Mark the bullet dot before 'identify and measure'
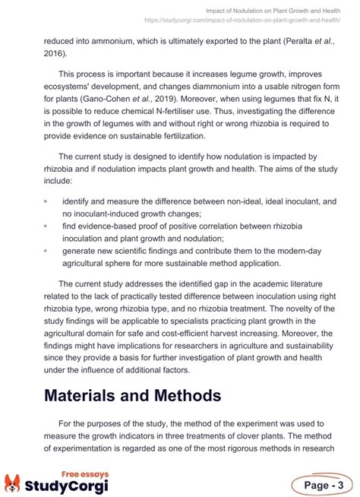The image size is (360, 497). (x=46, y=202)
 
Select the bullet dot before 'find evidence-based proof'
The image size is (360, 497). (x=46, y=226)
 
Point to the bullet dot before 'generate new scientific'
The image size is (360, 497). (x=46, y=249)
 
